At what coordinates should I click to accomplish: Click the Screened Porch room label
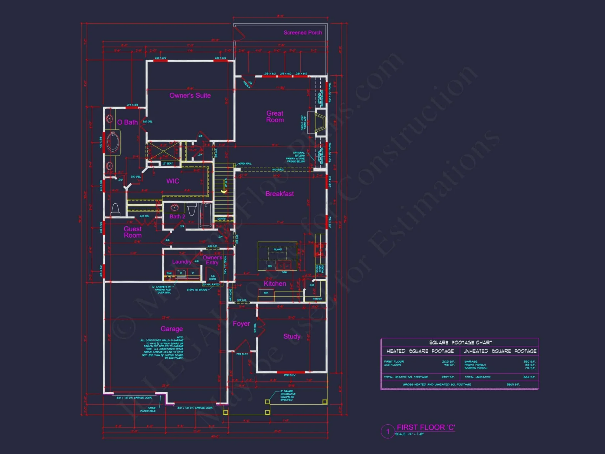302,33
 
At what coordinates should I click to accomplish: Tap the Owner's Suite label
190,96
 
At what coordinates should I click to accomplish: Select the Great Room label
275,117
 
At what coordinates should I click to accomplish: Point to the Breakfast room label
280,194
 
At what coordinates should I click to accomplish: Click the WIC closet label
173,181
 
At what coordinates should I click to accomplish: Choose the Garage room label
172,329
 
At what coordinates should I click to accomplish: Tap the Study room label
292,337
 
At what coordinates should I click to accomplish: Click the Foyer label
241,324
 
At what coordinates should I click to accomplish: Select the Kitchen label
275,284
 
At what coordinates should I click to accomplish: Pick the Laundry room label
181,262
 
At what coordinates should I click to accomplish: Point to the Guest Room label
132,232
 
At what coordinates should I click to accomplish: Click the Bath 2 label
177,217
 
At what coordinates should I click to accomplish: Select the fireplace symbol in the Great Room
320,122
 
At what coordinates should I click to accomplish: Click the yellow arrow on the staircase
224,191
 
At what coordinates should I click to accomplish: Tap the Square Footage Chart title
460,343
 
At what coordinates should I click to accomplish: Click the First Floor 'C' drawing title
426,427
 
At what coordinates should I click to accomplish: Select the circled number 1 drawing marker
388,431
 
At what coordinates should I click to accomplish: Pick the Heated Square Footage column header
420,351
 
